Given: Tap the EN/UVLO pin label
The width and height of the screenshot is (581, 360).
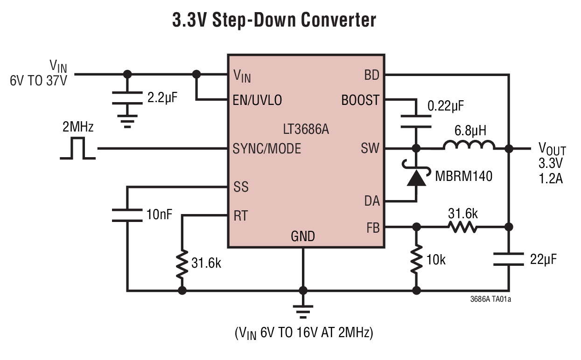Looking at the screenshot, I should [257, 100].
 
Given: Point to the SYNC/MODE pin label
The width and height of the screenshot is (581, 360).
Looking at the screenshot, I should [266, 149].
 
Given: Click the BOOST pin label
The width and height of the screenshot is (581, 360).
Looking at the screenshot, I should [360, 100].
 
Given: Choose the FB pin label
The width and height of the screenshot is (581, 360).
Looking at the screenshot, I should [373, 228].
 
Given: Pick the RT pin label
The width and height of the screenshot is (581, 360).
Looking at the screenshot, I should [240, 215].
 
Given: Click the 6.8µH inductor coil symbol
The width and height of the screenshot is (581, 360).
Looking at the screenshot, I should [469, 145].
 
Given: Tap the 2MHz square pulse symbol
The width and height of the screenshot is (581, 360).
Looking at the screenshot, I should [78, 148].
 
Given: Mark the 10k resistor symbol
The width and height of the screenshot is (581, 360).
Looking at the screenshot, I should [416, 259].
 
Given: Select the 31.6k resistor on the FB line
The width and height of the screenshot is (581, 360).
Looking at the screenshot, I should [462, 227].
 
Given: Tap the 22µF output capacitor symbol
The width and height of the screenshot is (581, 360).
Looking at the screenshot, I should [509, 259].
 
